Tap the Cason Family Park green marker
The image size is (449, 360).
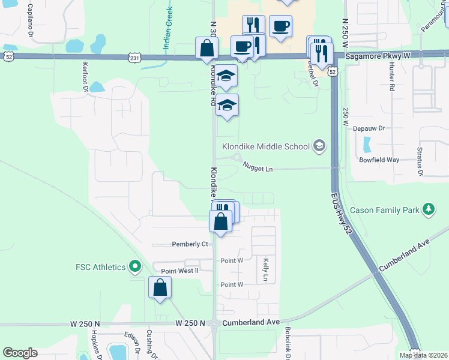coord(428,209)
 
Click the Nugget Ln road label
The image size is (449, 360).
coord(258,169)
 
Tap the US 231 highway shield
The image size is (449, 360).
coord(134,58)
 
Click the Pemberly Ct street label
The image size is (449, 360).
coord(190,244)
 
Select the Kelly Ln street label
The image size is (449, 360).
coord(265,270)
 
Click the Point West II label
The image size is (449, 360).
coord(179,271)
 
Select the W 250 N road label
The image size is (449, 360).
coord(85,323)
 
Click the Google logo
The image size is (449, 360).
coord(20,353)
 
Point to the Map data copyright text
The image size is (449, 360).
coord(423,355)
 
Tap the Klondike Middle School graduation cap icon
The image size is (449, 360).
coord(319,146)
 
